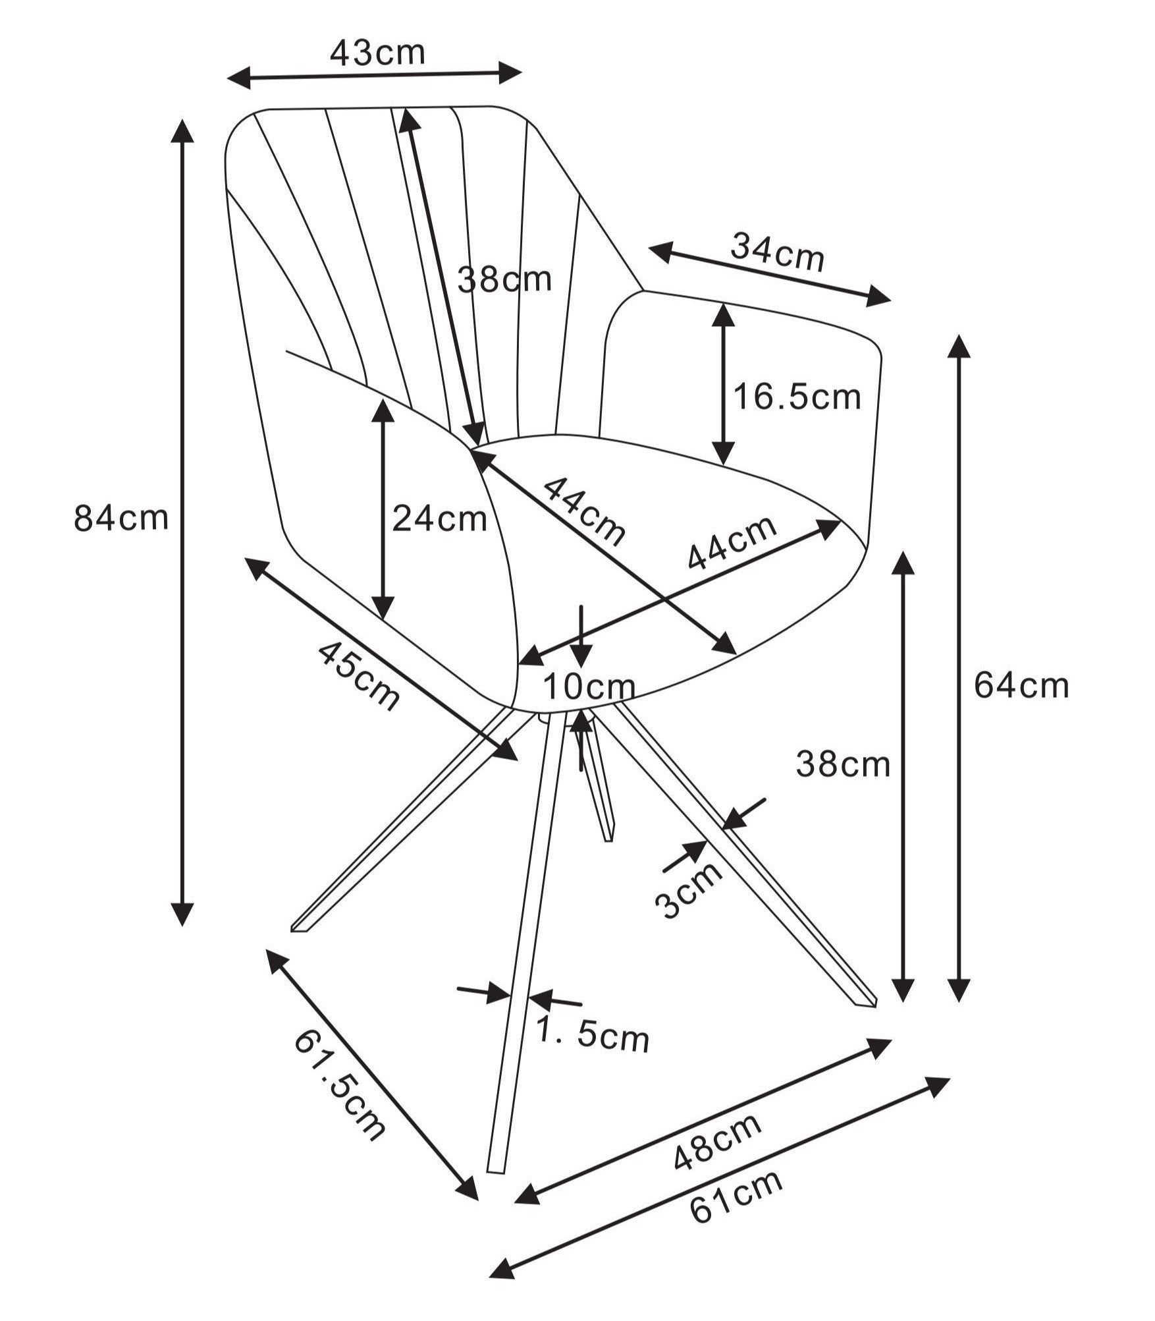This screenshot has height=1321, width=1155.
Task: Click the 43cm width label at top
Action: [x=377, y=53]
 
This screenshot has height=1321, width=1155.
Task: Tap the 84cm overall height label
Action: [x=121, y=518]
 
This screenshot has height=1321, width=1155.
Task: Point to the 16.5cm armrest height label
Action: [x=797, y=397]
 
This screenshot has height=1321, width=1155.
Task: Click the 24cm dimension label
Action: [x=439, y=519]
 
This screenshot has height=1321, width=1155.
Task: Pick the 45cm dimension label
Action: [x=359, y=676]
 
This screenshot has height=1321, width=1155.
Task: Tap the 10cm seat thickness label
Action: [x=589, y=688]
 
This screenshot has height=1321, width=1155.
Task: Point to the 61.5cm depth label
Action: [x=338, y=1085]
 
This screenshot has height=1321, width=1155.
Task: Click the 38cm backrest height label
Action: [x=504, y=279]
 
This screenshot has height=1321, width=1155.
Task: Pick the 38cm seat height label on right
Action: [x=843, y=765]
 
